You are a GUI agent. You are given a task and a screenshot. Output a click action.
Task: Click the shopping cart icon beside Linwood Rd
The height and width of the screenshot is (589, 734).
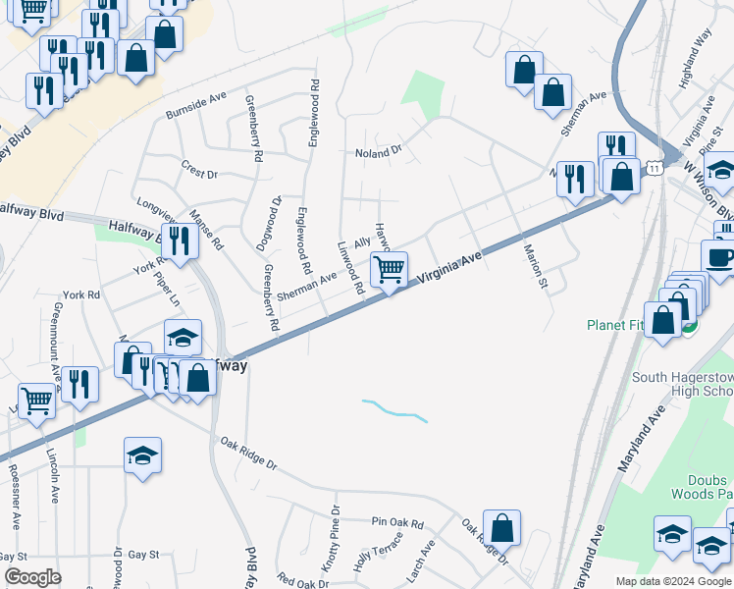coord(390,268)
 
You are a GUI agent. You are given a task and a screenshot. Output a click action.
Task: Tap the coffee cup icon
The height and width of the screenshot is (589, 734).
coord(721,256)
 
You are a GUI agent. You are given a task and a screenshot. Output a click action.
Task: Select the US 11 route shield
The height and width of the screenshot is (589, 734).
coord(655,170)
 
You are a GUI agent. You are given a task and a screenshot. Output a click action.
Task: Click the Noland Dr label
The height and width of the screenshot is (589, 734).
coord(379,152)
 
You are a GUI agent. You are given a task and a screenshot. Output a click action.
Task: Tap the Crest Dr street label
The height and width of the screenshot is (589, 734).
coord(199,172)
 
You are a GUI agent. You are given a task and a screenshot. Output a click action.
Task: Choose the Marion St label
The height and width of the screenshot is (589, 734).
coord(536,266)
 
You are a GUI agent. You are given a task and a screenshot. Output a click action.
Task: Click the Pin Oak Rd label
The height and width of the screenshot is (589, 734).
coord(397,524)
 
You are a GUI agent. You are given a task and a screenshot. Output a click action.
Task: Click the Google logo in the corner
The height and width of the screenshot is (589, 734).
coord(32,577)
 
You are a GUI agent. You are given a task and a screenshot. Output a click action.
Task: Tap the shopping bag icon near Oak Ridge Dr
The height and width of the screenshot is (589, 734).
coord(501,528)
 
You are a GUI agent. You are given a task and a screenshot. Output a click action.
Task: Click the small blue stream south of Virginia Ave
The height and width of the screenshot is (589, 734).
coord(395,410)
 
